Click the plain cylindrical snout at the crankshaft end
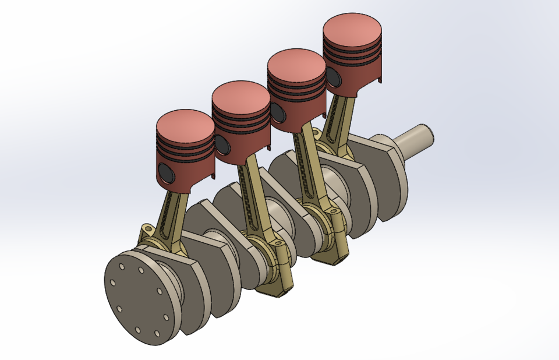coord(416,137)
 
